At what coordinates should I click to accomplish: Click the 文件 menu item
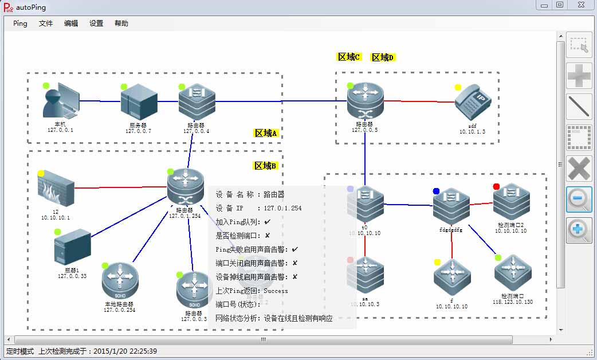[x=46, y=24]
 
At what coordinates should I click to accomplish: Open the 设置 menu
[x=96, y=24]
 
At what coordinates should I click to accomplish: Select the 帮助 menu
[x=121, y=24]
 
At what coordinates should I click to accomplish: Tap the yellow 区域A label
[x=266, y=133]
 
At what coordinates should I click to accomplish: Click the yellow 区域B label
[x=266, y=166]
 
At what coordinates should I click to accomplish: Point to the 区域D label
[x=383, y=57]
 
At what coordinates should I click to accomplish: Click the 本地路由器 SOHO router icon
[x=120, y=281]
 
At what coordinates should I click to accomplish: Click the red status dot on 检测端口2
[x=496, y=186]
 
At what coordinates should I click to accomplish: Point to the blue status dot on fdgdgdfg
[x=436, y=191]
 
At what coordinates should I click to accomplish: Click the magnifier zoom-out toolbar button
[x=579, y=199]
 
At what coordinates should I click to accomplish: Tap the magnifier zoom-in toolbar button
[x=579, y=230]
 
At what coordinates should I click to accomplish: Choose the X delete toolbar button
[x=579, y=169]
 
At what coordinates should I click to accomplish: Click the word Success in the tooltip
[x=276, y=291]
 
